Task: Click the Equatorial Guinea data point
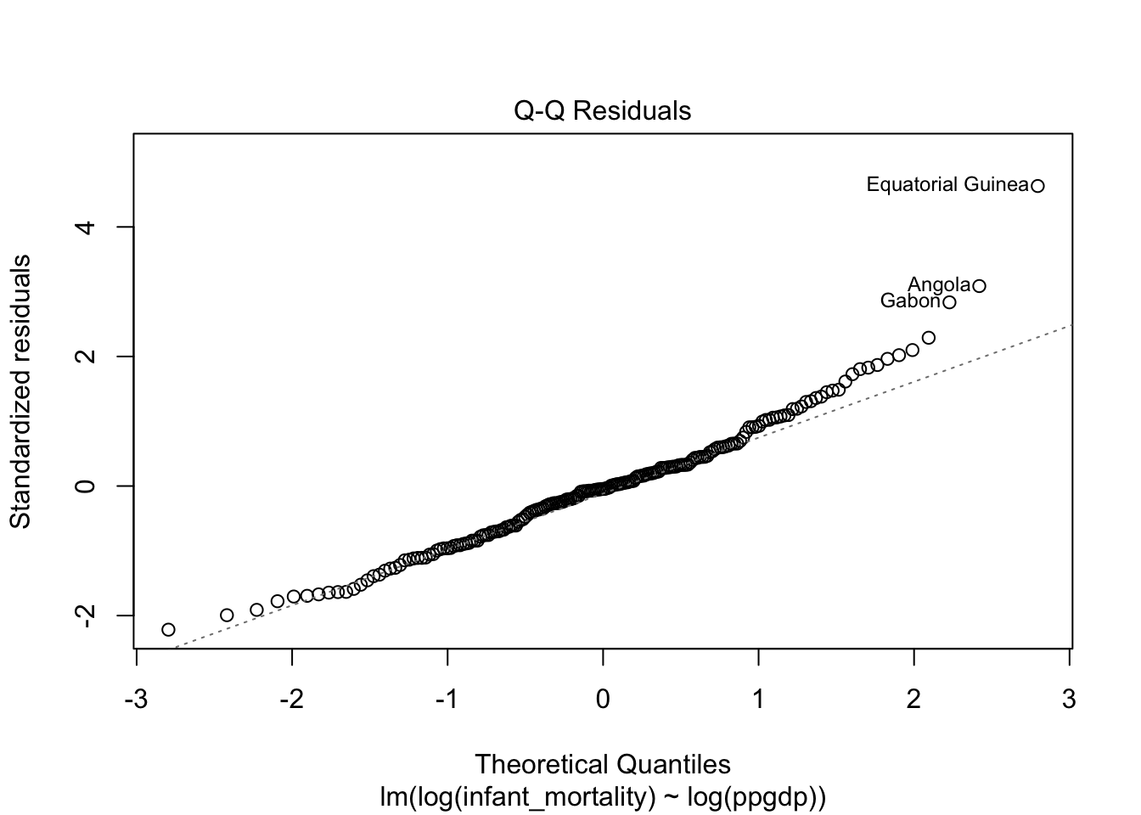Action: point(1037,186)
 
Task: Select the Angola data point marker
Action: point(979,286)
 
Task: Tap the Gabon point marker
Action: point(949,302)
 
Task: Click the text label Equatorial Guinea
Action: point(947,185)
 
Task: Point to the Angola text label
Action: point(939,285)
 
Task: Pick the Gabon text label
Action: point(910,301)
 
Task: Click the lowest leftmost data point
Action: point(168,630)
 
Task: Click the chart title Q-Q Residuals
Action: point(603,111)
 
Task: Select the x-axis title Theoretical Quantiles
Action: point(603,765)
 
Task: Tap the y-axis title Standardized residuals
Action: point(20,391)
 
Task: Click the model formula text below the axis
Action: point(603,797)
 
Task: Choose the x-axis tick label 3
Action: point(1069,700)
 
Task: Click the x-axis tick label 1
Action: point(758,700)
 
